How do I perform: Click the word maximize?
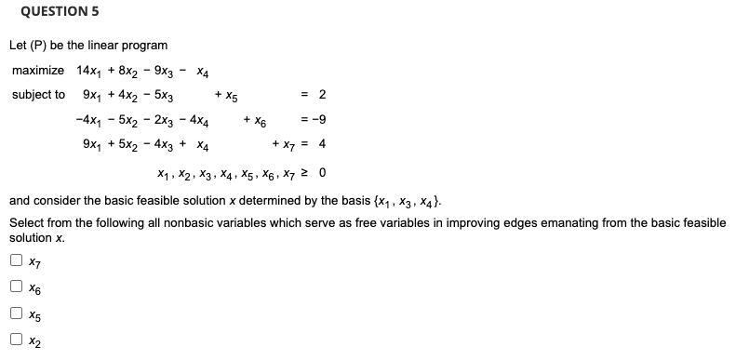(x=38, y=71)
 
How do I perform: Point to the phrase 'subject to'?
(x=38, y=95)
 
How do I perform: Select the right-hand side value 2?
(x=321, y=95)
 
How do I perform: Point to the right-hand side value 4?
(x=321, y=145)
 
